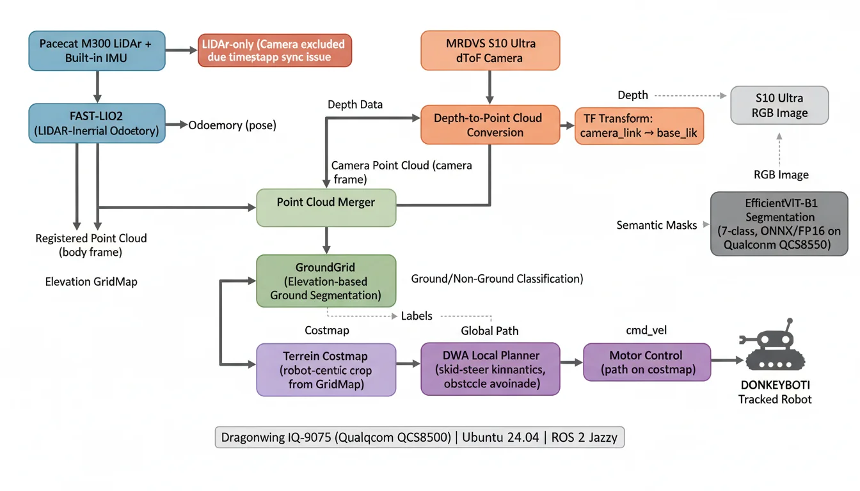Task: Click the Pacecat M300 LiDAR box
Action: (x=97, y=50)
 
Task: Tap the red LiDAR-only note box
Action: (x=275, y=50)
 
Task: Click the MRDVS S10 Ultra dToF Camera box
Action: (x=490, y=50)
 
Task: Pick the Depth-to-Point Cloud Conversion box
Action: (x=490, y=125)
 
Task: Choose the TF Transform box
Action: (x=639, y=126)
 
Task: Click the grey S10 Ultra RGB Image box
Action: (x=779, y=105)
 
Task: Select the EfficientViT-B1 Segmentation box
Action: (x=779, y=224)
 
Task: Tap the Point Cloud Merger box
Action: (x=326, y=208)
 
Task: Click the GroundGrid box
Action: (x=326, y=281)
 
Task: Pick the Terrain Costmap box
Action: (x=326, y=370)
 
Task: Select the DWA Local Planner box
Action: (x=490, y=369)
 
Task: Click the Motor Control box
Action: (x=646, y=362)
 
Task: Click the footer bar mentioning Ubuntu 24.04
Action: (x=420, y=439)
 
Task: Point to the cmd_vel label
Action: (x=646, y=331)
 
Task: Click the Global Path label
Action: (x=490, y=331)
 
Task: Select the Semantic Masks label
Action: (x=657, y=225)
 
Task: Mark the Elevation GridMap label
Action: (x=92, y=281)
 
